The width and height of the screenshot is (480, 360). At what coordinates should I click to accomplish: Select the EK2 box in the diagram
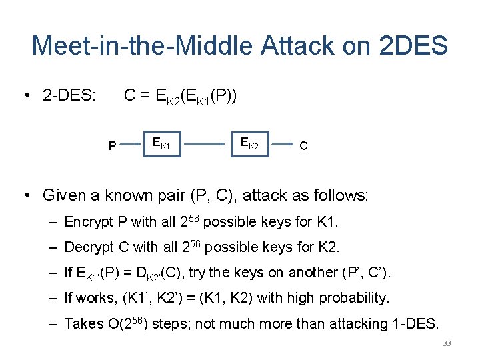[x=249, y=143]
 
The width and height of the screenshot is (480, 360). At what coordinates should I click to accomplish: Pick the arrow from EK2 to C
[x=283, y=143]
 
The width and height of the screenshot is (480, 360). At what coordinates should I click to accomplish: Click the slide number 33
[x=447, y=344]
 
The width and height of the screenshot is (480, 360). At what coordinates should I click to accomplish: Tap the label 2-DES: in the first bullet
[x=69, y=97]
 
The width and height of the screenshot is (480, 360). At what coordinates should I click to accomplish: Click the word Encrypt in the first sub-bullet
[x=89, y=222]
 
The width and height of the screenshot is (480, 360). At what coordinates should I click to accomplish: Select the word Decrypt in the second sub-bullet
[x=89, y=247]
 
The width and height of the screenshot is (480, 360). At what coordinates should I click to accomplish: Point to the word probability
[x=357, y=298]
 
